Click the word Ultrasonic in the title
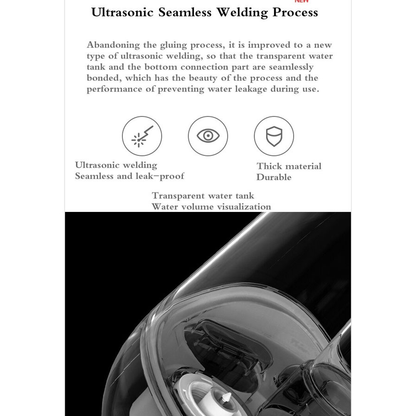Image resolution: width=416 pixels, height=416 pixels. pyautogui.click(x=122, y=13)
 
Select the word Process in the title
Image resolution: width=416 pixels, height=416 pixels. pyautogui.click(x=295, y=13)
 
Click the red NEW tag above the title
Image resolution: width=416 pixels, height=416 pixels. pyautogui.click(x=301, y=1)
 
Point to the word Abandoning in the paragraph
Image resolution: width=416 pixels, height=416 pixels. pyautogui.click(x=113, y=45)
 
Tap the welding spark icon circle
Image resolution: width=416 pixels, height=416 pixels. pyautogui.click(x=142, y=136)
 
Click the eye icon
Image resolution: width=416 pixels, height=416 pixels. pyautogui.click(x=208, y=136)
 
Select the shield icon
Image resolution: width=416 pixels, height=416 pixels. pyautogui.click(x=274, y=136)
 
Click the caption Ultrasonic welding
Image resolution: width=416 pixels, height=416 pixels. pyautogui.click(x=116, y=165)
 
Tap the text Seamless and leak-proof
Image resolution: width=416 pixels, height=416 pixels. pyautogui.click(x=129, y=176)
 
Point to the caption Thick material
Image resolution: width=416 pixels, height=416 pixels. pyautogui.click(x=289, y=166)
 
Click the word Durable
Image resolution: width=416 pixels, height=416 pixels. pyautogui.click(x=274, y=177)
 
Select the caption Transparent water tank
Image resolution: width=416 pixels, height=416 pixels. pyautogui.click(x=203, y=196)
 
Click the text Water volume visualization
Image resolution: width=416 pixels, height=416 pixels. pyautogui.click(x=211, y=207)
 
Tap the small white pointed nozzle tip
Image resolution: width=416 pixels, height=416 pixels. pyautogui.click(x=227, y=397)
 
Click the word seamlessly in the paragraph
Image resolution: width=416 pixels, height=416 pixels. pyautogui.click(x=291, y=67)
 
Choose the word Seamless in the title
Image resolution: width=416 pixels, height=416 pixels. pyautogui.click(x=185, y=13)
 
